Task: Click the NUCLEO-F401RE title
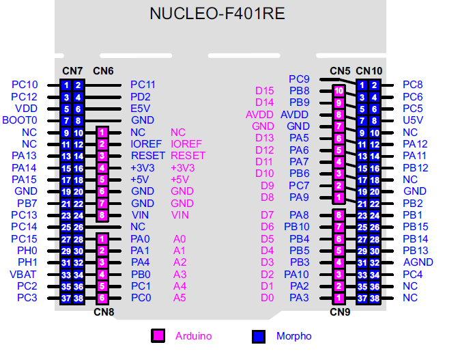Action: pos(218,14)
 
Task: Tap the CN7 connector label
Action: pos(72,71)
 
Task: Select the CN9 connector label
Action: pos(339,312)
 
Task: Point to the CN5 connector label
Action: pos(340,70)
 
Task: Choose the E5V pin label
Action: pos(140,109)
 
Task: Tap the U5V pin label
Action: pos(412,120)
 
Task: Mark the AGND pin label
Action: pos(418,262)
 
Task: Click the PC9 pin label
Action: pos(299,79)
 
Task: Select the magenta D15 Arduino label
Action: pos(264,90)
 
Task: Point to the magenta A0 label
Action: pos(180,239)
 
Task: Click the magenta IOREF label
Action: pos(186,144)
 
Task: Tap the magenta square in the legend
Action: pos(158,335)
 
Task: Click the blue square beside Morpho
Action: pos(259,335)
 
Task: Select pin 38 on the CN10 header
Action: pos(375,298)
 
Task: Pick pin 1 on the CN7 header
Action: pos(66,85)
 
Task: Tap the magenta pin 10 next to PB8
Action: pos(339,90)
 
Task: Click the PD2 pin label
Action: pos(141,97)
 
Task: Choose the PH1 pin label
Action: pos(27,262)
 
